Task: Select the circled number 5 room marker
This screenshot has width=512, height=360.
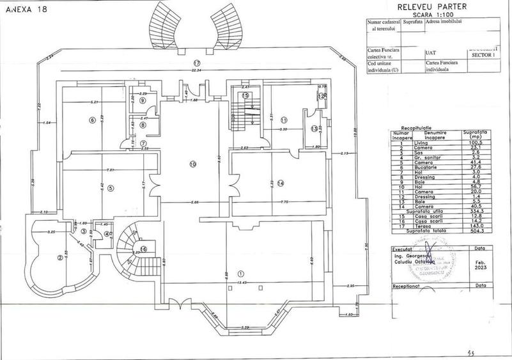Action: (x=111, y=188)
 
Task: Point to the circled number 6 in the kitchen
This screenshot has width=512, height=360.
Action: (x=93, y=120)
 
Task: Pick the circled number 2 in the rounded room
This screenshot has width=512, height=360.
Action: (x=59, y=258)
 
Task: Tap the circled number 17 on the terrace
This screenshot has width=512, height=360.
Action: (x=198, y=63)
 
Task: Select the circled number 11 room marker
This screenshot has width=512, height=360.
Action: (x=284, y=120)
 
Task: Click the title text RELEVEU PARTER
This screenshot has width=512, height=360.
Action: (x=431, y=6)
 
